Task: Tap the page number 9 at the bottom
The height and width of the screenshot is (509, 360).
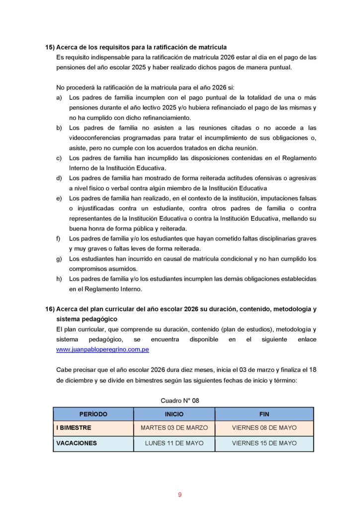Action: click(180, 495)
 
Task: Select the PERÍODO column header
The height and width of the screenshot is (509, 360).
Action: click(93, 414)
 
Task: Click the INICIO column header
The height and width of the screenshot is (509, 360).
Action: click(174, 414)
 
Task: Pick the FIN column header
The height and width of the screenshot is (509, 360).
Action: click(264, 414)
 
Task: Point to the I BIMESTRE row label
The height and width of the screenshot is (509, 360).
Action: click(74, 428)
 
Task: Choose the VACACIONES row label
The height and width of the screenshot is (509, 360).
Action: click(77, 443)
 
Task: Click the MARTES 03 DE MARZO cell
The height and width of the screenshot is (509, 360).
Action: click(174, 428)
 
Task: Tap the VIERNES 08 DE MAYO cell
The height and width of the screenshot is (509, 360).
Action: click(264, 428)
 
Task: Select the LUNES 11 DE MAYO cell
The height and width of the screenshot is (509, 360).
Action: click(174, 443)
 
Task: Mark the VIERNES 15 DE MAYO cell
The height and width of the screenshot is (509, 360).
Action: click(264, 443)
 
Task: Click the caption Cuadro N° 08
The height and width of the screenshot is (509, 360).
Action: click(180, 400)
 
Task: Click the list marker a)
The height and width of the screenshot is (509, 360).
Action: click(59, 97)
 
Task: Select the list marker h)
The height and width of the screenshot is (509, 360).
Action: click(59, 279)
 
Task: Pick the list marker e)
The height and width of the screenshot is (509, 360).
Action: click(59, 198)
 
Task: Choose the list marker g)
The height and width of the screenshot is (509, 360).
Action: click(59, 258)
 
